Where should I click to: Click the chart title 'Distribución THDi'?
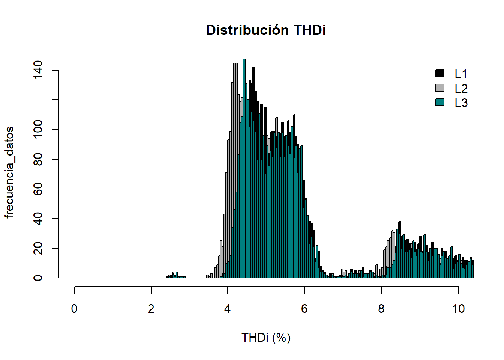click(266, 30)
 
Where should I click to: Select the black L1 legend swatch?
click(439, 73)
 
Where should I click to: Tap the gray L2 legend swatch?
click(439, 88)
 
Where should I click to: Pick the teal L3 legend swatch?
click(439, 102)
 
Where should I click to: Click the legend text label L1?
click(461, 74)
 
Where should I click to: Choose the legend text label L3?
click(461, 103)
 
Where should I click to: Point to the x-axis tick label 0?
click(74, 309)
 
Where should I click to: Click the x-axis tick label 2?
click(151, 309)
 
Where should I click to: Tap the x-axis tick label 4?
click(228, 309)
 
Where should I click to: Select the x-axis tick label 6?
click(304, 309)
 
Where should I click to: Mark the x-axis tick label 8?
click(381, 309)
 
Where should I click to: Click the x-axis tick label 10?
click(458, 309)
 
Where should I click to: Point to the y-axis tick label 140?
click(38, 70)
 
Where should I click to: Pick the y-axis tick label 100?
click(38, 130)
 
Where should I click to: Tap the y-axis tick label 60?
click(38, 189)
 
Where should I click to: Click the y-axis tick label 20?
click(38, 248)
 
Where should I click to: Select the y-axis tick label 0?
click(38, 278)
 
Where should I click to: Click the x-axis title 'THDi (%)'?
click(266, 337)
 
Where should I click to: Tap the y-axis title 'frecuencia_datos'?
click(9, 172)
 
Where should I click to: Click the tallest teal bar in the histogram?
click(244, 169)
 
